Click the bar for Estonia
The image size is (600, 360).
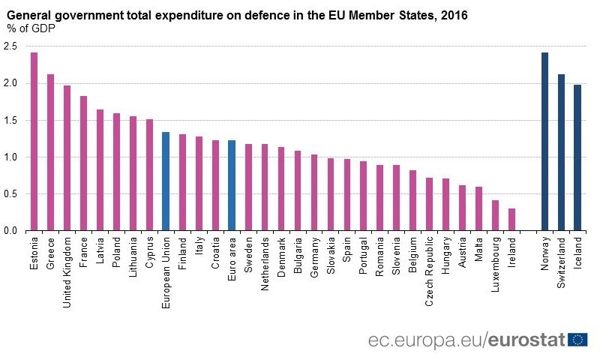tap(34, 142)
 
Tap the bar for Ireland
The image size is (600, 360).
tap(511, 220)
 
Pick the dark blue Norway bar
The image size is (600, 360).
tap(544, 142)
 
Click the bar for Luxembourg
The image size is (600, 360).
tap(495, 216)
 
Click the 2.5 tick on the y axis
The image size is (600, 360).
tap(10, 46)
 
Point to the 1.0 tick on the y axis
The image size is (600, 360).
tap(10, 157)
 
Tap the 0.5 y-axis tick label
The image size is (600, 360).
tap(10, 194)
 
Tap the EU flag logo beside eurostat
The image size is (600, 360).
tap(577, 339)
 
